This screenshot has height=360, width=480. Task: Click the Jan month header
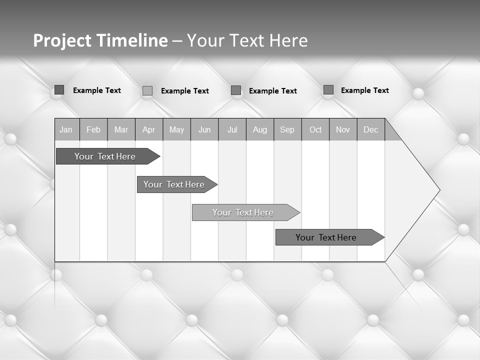(x=66, y=130)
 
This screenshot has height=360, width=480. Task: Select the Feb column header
(x=93, y=130)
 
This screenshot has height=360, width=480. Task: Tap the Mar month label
(x=121, y=130)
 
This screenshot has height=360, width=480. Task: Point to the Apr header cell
(x=148, y=130)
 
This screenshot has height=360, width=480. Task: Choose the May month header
(x=176, y=130)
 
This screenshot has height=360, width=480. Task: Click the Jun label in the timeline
(x=204, y=130)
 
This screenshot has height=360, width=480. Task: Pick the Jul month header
(x=232, y=130)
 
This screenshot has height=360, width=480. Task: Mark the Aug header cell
(x=260, y=130)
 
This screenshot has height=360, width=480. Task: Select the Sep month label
(x=287, y=130)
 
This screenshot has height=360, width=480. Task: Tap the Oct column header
(x=315, y=130)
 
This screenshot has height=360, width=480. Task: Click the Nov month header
(x=343, y=130)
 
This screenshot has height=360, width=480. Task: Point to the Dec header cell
(x=370, y=130)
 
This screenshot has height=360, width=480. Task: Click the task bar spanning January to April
(x=105, y=156)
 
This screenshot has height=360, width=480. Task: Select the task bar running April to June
(x=174, y=184)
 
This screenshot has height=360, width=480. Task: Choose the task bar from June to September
(x=243, y=212)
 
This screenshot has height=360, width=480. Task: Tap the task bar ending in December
(x=326, y=237)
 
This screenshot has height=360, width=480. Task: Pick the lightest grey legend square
(x=147, y=90)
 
